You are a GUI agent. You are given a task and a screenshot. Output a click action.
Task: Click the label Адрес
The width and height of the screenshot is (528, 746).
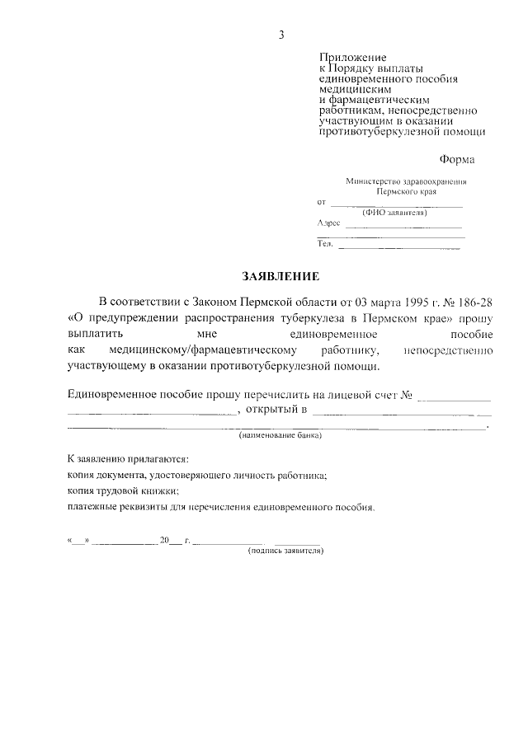(x=328, y=223)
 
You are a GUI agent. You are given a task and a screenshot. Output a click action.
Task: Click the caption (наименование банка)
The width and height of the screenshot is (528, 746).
(x=280, y=434)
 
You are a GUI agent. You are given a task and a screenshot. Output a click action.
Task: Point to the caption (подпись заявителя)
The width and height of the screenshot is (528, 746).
(x=285, y=550)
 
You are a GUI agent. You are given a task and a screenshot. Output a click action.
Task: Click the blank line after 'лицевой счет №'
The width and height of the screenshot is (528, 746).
(x=455, y=397)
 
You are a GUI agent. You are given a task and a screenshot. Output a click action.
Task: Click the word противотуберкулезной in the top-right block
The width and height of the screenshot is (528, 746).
(x=374, y=130)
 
